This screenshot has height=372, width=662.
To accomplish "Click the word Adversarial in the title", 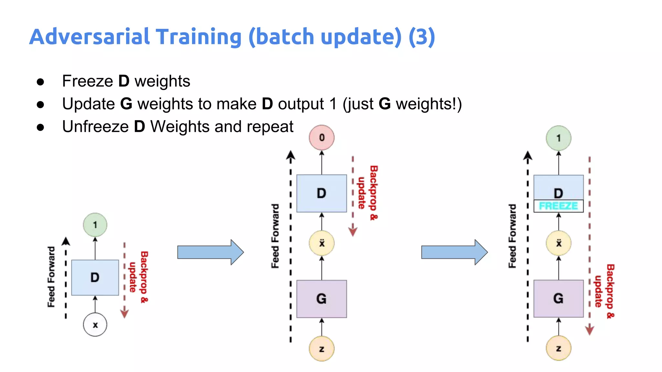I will click(89, 36).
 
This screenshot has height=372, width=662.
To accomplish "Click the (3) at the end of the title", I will click(422, 36).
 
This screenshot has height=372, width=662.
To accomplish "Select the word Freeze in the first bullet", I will click(87, 81).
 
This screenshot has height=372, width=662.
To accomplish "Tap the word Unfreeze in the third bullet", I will click(95, 127).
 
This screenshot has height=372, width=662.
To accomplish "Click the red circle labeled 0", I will click(322, 138).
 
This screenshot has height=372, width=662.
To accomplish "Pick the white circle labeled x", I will click(95, 325).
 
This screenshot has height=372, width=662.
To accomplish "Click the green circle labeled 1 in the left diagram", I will click(95, 225).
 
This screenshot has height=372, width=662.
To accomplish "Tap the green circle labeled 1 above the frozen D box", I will click(558, 138).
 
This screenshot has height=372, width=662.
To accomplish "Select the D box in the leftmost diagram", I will click(95, 277).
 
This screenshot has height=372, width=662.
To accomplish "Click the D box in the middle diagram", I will click(322, 193).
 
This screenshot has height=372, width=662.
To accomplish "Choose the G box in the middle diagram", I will click(322, 299).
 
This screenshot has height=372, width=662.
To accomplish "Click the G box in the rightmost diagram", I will click(558, 298).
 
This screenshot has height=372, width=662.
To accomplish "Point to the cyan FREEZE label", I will click(558, 206).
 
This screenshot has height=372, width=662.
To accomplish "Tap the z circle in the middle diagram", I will click(322, 349).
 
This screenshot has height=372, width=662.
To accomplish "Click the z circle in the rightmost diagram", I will click(558, 348).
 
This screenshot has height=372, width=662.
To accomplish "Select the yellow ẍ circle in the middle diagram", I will click(322, 243).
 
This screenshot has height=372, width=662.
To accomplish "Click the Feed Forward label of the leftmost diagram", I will click(51, 277).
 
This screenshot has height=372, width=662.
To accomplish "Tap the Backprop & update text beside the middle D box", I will click(368, 193).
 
